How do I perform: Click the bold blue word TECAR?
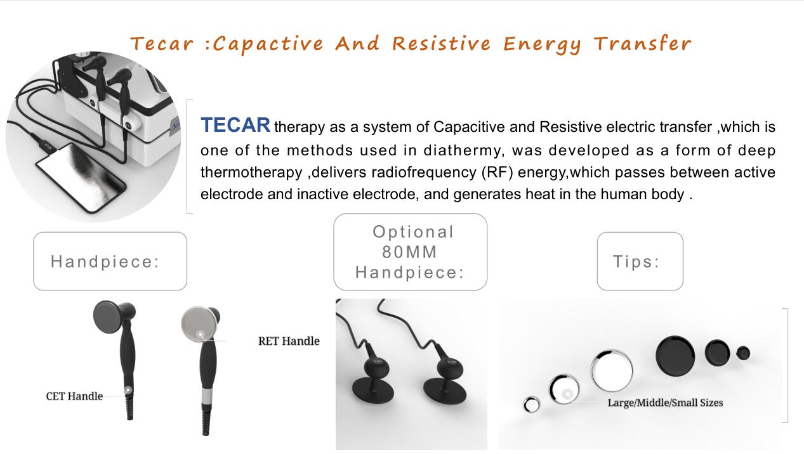click(x=235, y=125)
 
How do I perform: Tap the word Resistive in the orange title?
click(x=441, y=44)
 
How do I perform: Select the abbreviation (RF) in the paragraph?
click(x=497, y=172)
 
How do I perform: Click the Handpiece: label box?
click(x=110, y=261)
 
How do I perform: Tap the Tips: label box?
click(x=640, y=261)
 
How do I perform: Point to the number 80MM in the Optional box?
click(x=409, y=252)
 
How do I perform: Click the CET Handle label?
click(x=74, y=396)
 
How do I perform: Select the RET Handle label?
click(x=289, y=341)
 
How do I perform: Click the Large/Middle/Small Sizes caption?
click(x=665, y=403)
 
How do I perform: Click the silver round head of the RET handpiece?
click(x=199, y=324)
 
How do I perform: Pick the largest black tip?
click(x=675, y=356)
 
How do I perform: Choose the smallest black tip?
click(x=743, y=353)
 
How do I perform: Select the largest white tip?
click(x=612, y=370)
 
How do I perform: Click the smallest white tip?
click(x=532, y=405)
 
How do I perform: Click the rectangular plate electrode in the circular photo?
click(x=81, y=178)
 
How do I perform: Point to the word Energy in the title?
click(x=543, y=45)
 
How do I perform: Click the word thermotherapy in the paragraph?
click(x=251, y=172)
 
